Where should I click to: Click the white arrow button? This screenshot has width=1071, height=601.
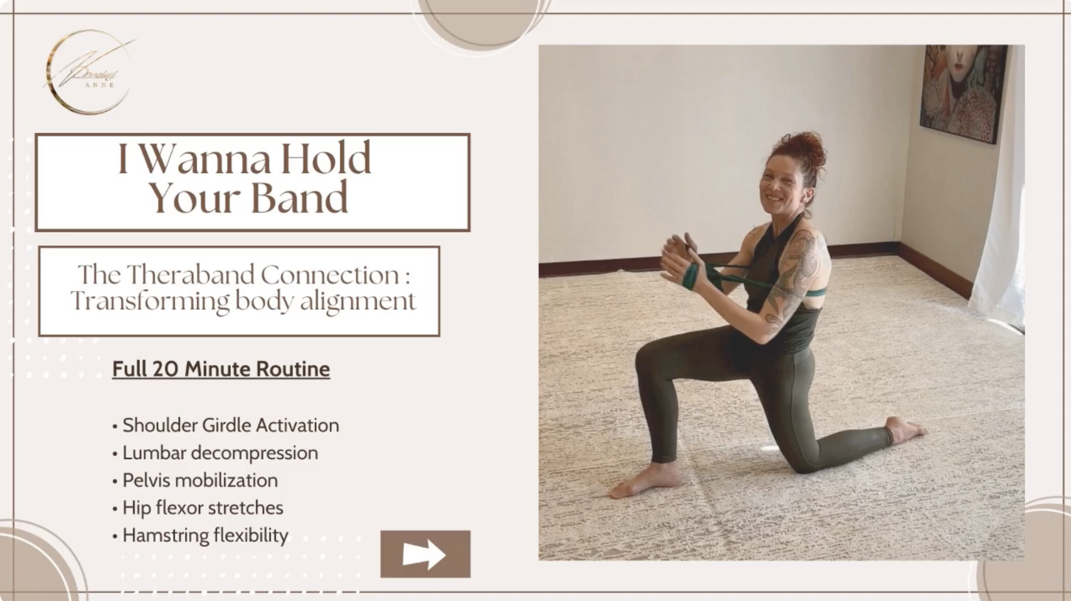tap(425, 554)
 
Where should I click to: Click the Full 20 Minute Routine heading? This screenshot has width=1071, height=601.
tap(221, 369)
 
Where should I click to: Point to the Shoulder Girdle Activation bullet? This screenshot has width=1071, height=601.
tap(230, 426)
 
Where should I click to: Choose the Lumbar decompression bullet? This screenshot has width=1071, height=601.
tap(220, 453)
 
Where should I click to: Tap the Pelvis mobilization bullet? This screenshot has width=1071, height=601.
tap(200, 480)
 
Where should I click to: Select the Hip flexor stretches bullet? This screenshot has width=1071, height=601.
tap(202, 508)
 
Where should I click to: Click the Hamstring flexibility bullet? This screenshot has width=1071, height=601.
tap(205, 535)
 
